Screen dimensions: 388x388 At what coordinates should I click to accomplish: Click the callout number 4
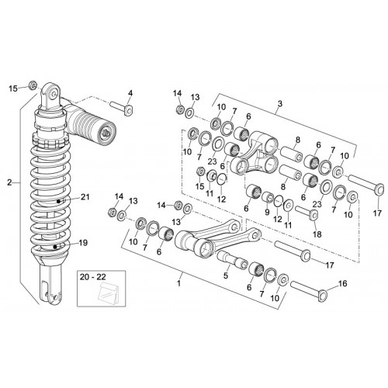[x=130, y=93]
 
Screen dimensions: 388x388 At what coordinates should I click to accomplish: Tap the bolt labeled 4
[x=121, y=109]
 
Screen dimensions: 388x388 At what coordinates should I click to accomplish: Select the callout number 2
[x=9, y=182]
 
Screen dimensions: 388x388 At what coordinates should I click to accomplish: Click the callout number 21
[x=85, y=197]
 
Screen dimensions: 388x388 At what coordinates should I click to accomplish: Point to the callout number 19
[x=83, y=243]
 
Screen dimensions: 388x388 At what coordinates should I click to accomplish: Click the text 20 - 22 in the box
[x=93, y=277]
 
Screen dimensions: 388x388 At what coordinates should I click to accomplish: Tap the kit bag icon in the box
[x=108, y=292]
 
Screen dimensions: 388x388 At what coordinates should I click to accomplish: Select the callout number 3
[x=280, y=104]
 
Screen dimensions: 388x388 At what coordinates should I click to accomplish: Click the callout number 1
[x=178, y=283]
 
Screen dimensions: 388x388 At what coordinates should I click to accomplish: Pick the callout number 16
[x=342, y=284]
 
